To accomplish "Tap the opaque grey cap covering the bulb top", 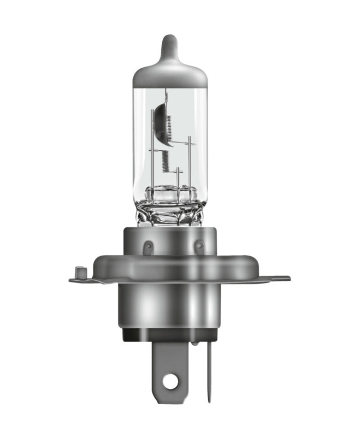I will (x=170, y=74).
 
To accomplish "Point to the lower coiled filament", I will (x=166, y=160).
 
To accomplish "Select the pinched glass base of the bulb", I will (x=170, y=210).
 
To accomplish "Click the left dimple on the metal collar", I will (x=146, y=247).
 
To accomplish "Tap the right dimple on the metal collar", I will (x=199, y=247).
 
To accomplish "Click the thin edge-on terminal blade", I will (x=209, y=371).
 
